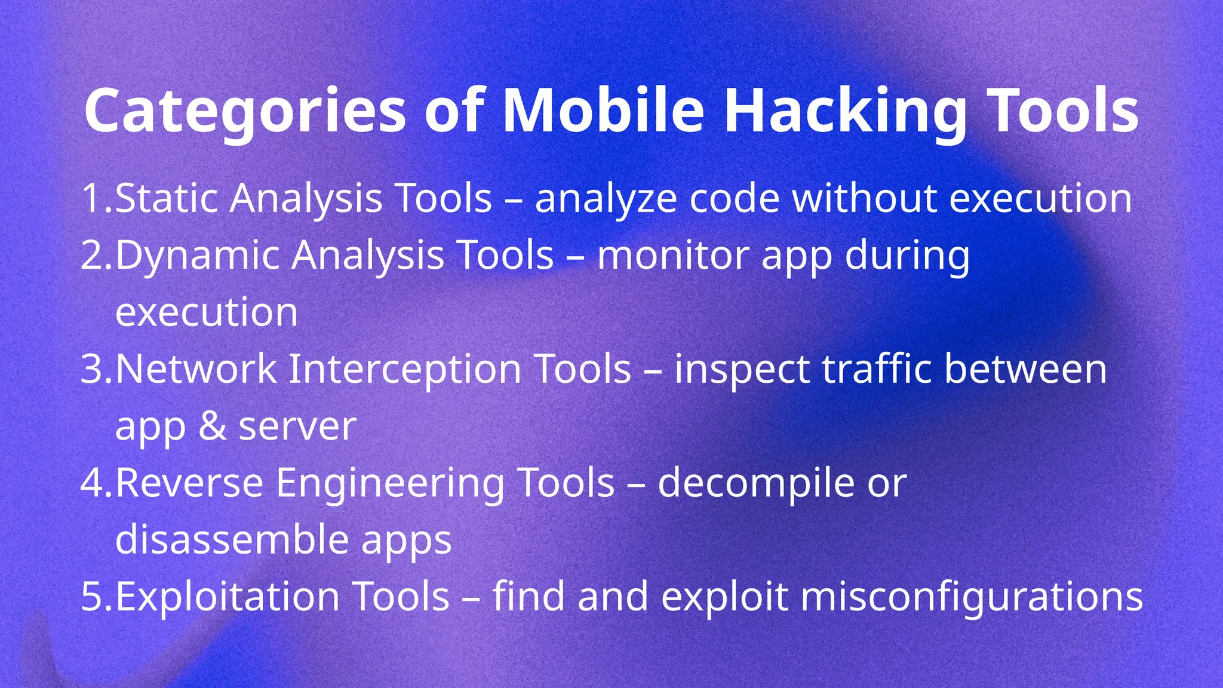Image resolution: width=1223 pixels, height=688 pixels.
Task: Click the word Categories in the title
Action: click(245, 112)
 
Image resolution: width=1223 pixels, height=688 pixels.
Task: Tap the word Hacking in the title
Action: click(845, 112)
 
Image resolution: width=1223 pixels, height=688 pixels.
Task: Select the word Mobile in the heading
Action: click(603, 112)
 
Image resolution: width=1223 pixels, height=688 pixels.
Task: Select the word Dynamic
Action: click(197, 256)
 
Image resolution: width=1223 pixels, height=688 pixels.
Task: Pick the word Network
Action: click(196, 369)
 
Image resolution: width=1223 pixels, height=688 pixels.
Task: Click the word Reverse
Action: click(189, 483)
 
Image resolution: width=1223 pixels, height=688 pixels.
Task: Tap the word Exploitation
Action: click(227, 597)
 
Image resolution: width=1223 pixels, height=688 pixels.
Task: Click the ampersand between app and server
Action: click(212, 426)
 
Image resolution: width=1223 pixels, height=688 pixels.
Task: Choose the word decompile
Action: click(756, 483)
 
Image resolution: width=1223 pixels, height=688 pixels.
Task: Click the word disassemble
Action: click(232, 539)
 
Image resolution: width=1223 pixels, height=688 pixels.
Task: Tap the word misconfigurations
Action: click(971, 597)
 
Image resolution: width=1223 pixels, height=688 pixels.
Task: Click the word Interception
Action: click(404, 369)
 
